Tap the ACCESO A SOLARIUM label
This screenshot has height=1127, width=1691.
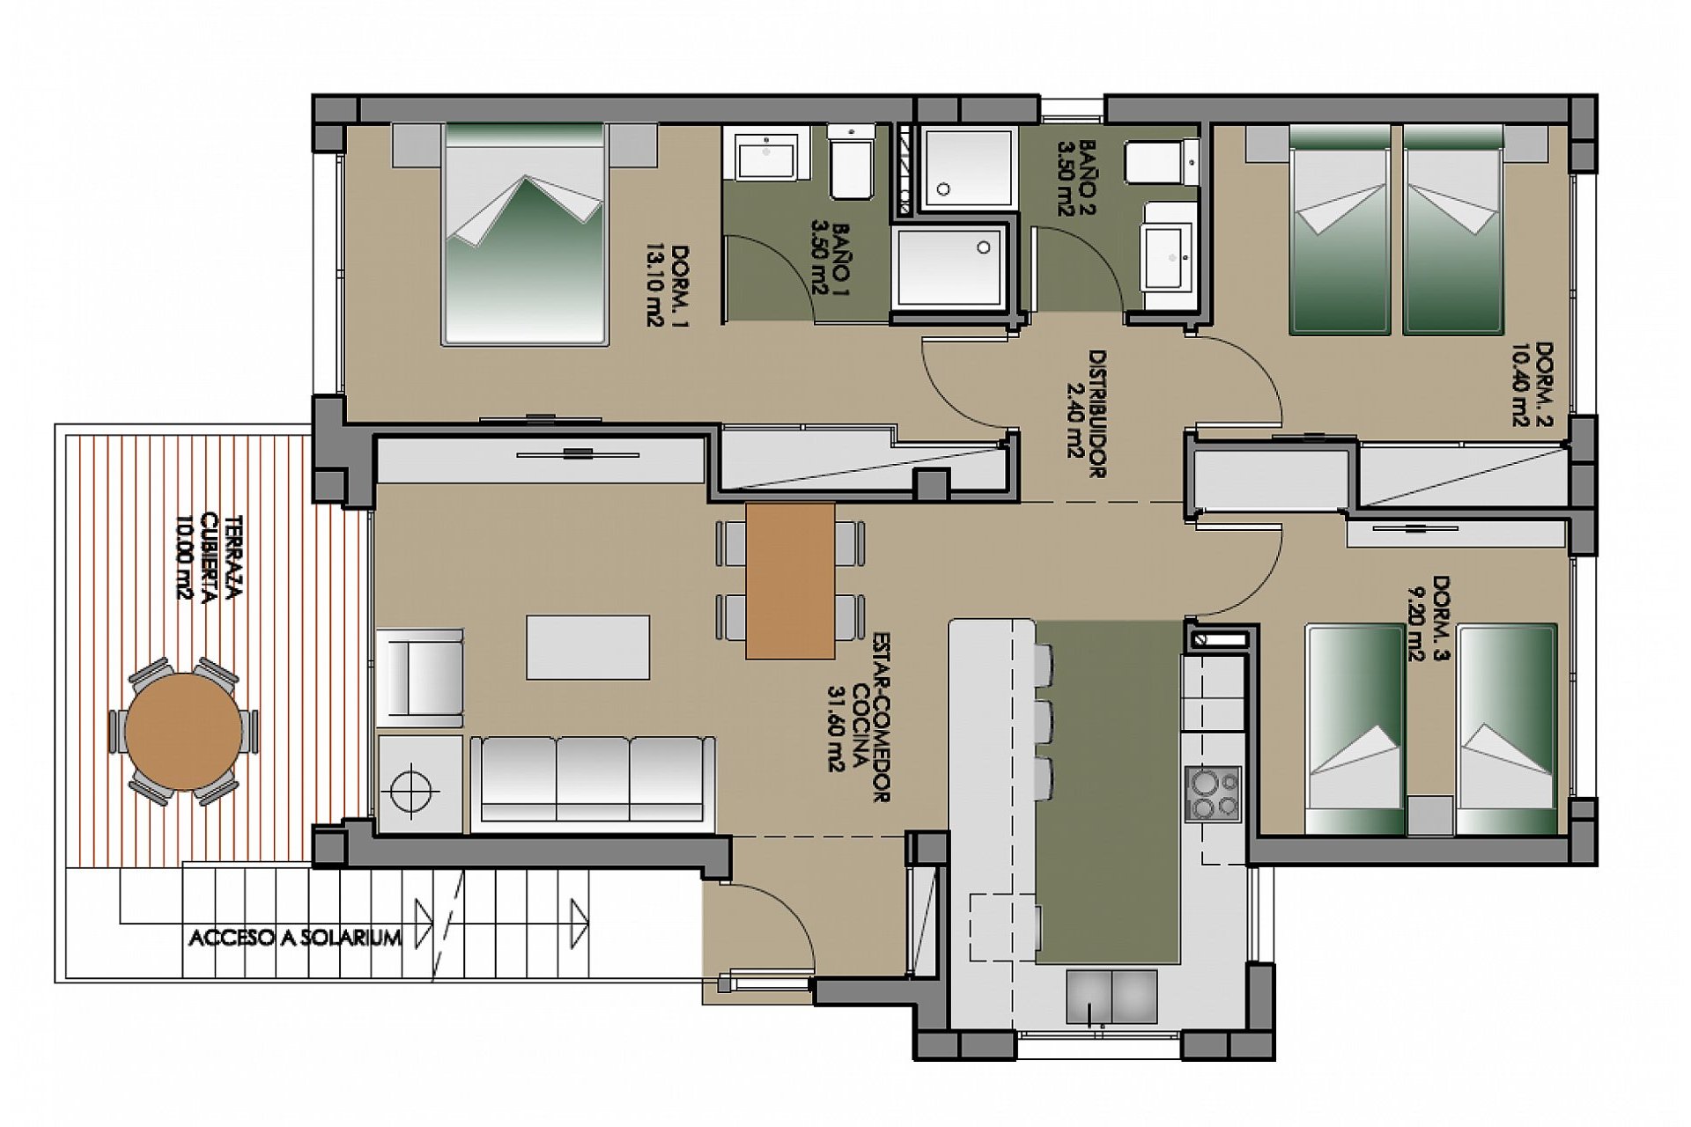(295, 938)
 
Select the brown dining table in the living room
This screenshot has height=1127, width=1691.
(790, 580)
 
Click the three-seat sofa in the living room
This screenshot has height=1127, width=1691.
(593, 780)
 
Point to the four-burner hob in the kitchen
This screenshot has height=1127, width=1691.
(1213, 793)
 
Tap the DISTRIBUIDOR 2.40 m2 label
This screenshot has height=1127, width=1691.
(1084, 414)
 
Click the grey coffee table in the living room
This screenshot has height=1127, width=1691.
(587, 647)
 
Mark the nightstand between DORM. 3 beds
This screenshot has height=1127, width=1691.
(1429, 815)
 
